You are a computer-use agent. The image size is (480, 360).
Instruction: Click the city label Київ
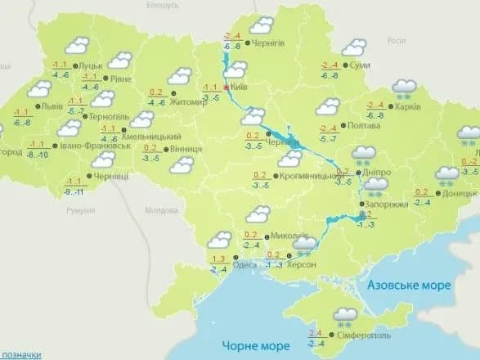(239, 86)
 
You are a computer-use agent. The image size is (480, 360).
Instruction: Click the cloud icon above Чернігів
(261, 25)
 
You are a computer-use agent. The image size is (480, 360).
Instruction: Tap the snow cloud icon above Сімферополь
(344, 313)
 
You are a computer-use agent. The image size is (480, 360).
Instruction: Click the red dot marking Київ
(227, 87)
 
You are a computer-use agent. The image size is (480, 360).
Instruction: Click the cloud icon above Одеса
(219, 241)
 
